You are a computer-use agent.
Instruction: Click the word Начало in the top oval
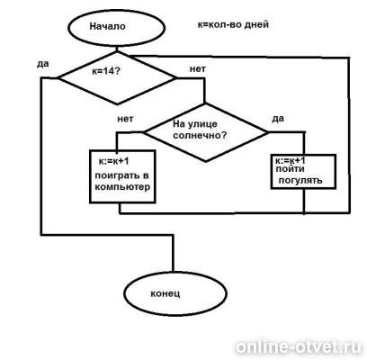[107, 26]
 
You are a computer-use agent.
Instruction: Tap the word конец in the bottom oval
[166, 293]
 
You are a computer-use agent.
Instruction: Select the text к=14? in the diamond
[106, 71]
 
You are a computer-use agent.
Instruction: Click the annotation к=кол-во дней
[233, 24]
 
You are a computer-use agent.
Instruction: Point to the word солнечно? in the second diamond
[200, 135]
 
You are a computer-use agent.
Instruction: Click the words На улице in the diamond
[195, 123]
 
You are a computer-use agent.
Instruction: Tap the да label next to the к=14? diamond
[43, 64]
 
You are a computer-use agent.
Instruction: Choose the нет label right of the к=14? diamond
[198, 69]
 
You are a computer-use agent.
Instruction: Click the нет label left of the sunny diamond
[125, 119]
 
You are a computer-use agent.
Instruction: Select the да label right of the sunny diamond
[278, 119]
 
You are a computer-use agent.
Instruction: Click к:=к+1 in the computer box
[113, 161]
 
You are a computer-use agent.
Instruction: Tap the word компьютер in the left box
[122, 187]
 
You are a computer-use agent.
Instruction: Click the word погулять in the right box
[300, 180]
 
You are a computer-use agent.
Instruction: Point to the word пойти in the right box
[290, 169]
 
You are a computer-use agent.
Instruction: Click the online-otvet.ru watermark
[299, 347]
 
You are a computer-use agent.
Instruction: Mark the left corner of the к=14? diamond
[58, 78]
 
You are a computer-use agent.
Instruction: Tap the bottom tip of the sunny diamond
[206, 162]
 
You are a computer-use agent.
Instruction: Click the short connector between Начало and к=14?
[117, 49]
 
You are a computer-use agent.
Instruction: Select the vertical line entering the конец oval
[173, 254]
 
